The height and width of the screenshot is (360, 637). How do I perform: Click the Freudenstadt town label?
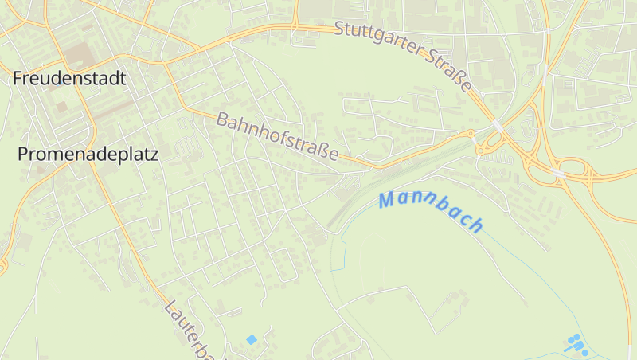(x=69, y=78)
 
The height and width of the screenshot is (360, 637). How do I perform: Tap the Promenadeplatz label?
(x=88, y=155)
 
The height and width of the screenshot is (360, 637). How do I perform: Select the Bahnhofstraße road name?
(x=277, y=135)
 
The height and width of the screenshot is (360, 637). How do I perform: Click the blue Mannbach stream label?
(x=431, y=209)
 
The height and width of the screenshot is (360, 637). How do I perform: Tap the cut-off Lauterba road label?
(x=190, y=329)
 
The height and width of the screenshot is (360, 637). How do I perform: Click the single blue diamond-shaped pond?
(x=252, y=339)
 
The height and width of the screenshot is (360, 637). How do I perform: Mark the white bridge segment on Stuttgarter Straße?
(x=498, y=125)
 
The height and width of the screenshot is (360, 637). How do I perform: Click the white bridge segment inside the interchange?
(x=558, y=172)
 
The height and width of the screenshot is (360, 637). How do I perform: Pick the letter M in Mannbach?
(x=387, y=201)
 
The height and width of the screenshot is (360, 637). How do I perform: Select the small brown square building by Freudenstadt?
(x=61, y=106)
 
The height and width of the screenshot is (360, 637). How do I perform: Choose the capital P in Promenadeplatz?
(x=23, y=155)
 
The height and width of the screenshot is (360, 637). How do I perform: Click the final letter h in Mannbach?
(x=476, y=225)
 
